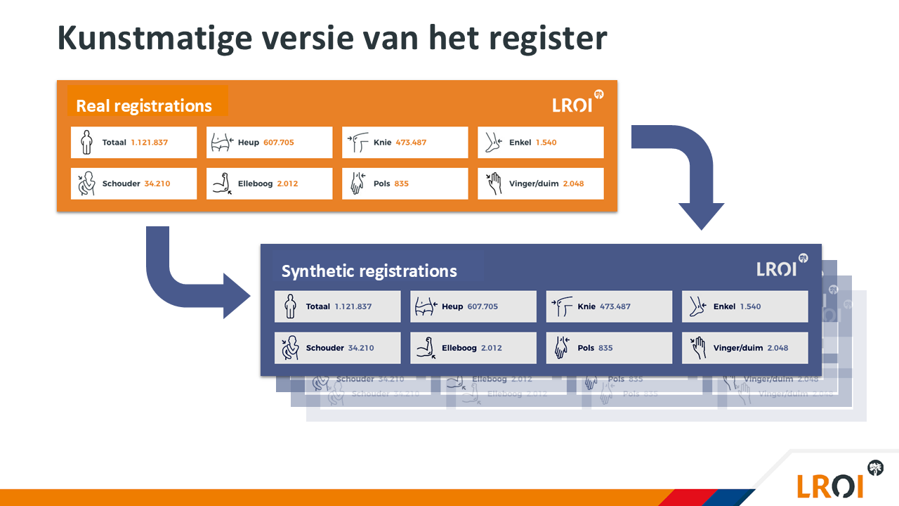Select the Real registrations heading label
click(144, 105)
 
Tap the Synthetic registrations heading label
click(369, 271)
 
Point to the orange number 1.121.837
click(150, 142)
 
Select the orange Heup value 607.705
click(279, 142)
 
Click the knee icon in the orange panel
click(359, 143)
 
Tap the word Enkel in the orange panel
click(520, 142)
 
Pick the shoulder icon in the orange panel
click(86, 183)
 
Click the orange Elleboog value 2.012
click(287, 183)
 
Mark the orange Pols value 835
click(401, 183)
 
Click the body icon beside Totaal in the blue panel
click(289, 306)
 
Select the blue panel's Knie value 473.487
click(615, 306)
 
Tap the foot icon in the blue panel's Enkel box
click(697, 306)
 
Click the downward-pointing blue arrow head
click(701, 215)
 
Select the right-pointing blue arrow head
click(236, 295)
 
